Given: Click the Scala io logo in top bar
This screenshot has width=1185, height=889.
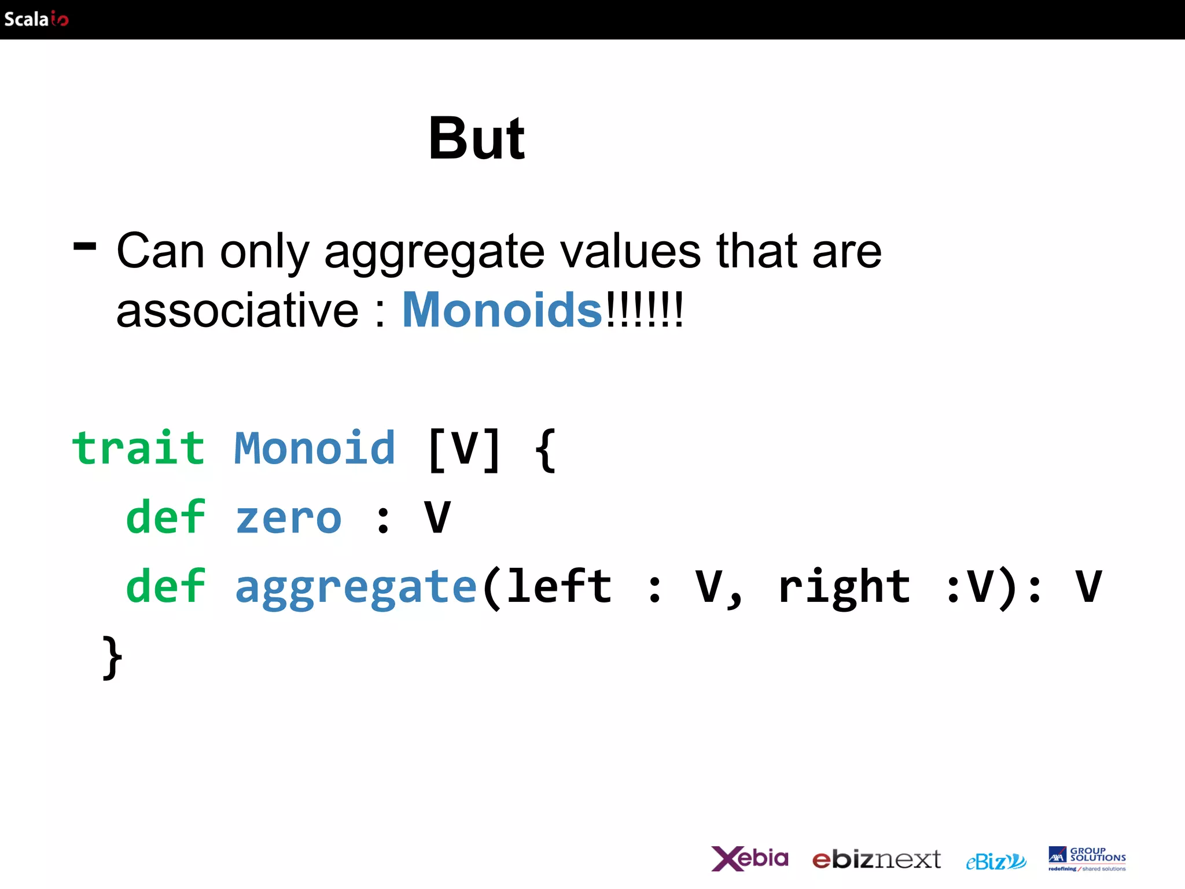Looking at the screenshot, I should coord(36,19).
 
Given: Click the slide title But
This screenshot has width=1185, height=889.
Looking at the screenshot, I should coord(476,139).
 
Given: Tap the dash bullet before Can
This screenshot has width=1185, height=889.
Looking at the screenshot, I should coord(85,247).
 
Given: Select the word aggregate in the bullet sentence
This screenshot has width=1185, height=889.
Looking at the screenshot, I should coord(434,253).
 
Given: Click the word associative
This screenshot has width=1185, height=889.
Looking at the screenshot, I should coord(237,311).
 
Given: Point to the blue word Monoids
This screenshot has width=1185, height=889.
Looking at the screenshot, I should coord(502,311).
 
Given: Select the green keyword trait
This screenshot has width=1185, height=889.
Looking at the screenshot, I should coord(138,449).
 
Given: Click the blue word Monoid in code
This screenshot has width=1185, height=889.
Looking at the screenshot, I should coord(314,449).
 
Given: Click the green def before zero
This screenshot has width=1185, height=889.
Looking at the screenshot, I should coord(165,517).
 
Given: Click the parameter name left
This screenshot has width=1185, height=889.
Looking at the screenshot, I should coord(560,586).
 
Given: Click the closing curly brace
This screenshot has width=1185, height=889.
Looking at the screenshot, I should coord(112,657).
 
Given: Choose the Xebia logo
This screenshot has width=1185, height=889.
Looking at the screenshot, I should coord(749,858).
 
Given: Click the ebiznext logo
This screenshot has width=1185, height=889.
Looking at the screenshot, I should coord(876,859).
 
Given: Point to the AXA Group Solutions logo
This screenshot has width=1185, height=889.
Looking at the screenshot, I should coord(1087,858).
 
